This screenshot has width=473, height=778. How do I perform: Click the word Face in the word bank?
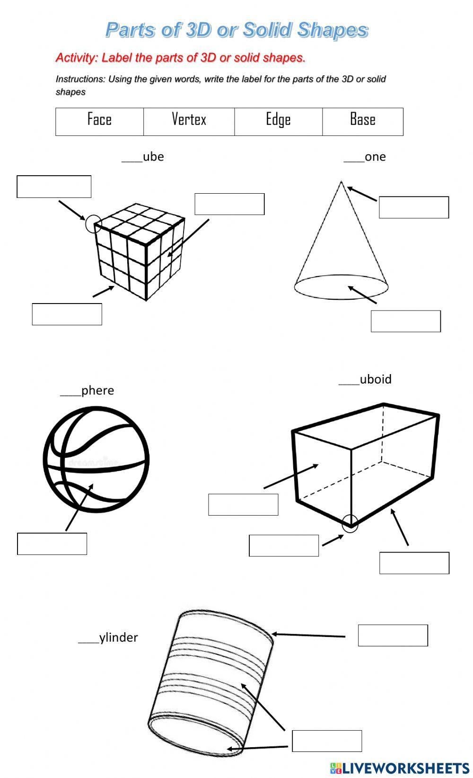99,119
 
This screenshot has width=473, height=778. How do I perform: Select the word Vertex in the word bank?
189,119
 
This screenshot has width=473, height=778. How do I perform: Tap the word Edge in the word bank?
278,120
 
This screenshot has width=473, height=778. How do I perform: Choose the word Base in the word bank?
362,119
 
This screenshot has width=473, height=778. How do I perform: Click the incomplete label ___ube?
143,157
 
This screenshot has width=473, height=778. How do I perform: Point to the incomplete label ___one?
365,157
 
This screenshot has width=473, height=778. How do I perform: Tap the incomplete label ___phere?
88,390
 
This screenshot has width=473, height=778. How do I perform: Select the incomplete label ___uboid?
365,379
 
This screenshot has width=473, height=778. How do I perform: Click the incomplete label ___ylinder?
108,637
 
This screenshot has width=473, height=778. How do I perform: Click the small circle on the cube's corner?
94,223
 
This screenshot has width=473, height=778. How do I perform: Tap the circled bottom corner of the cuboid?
350,523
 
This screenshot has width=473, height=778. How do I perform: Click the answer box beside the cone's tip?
414,207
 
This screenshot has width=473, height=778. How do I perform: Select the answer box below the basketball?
52,544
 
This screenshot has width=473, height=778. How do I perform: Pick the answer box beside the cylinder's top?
393,635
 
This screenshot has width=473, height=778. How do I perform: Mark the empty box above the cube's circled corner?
54,187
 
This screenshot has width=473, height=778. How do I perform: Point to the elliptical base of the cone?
341,287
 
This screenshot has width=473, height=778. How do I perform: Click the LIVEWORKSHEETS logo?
400,768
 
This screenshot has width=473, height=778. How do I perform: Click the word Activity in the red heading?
76,58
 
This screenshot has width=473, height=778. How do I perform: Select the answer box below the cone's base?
406,321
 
